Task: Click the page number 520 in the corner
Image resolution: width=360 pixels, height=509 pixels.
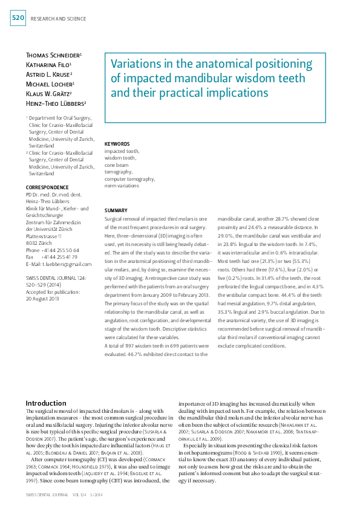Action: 18,18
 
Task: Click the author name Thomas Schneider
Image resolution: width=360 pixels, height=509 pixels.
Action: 53,55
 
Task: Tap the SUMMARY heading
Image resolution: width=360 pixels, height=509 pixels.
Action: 116,209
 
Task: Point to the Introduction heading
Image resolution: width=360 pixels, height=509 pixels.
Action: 46,403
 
